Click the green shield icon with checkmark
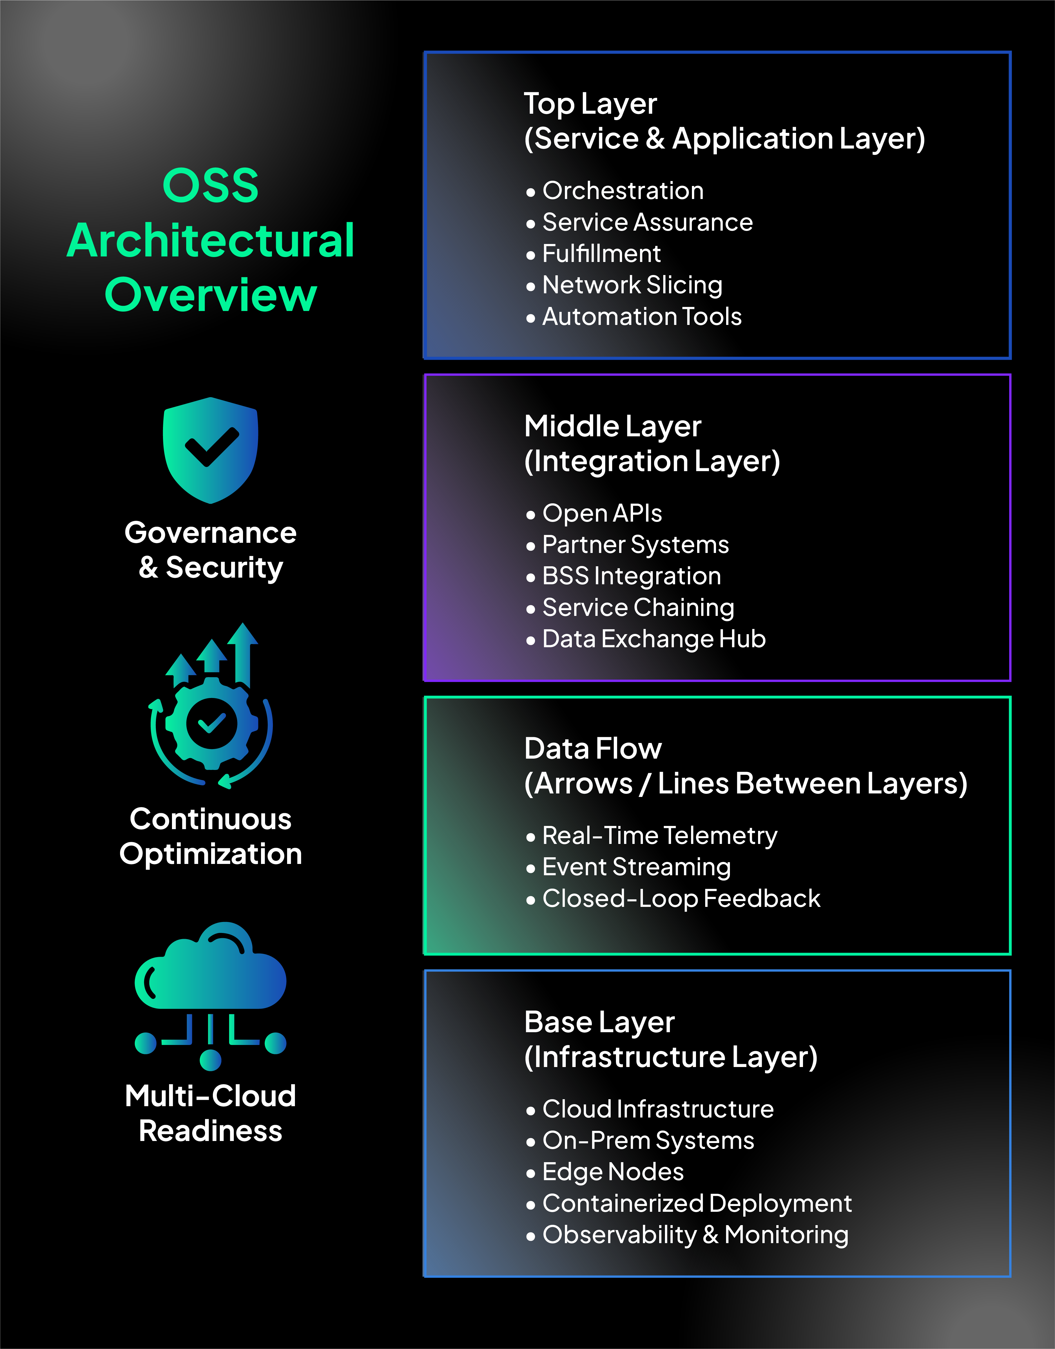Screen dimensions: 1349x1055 [210, 450]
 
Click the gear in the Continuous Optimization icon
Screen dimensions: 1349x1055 [211, 724]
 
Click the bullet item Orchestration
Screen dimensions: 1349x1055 [623, 191]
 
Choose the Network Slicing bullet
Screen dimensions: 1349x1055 [632, 285]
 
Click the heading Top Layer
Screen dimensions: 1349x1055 [590, 104]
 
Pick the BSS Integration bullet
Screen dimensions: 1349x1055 [631, 576]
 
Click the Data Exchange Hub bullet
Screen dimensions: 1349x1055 [654, 639]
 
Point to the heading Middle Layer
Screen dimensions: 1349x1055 [612, 426]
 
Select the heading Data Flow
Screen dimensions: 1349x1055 [592, 749]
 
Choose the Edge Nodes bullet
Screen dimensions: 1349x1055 [613, 1172]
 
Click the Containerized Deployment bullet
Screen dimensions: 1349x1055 [697, 1203]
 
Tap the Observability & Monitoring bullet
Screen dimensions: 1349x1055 [695, 1235]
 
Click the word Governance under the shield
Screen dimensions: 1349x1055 [210, 533]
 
